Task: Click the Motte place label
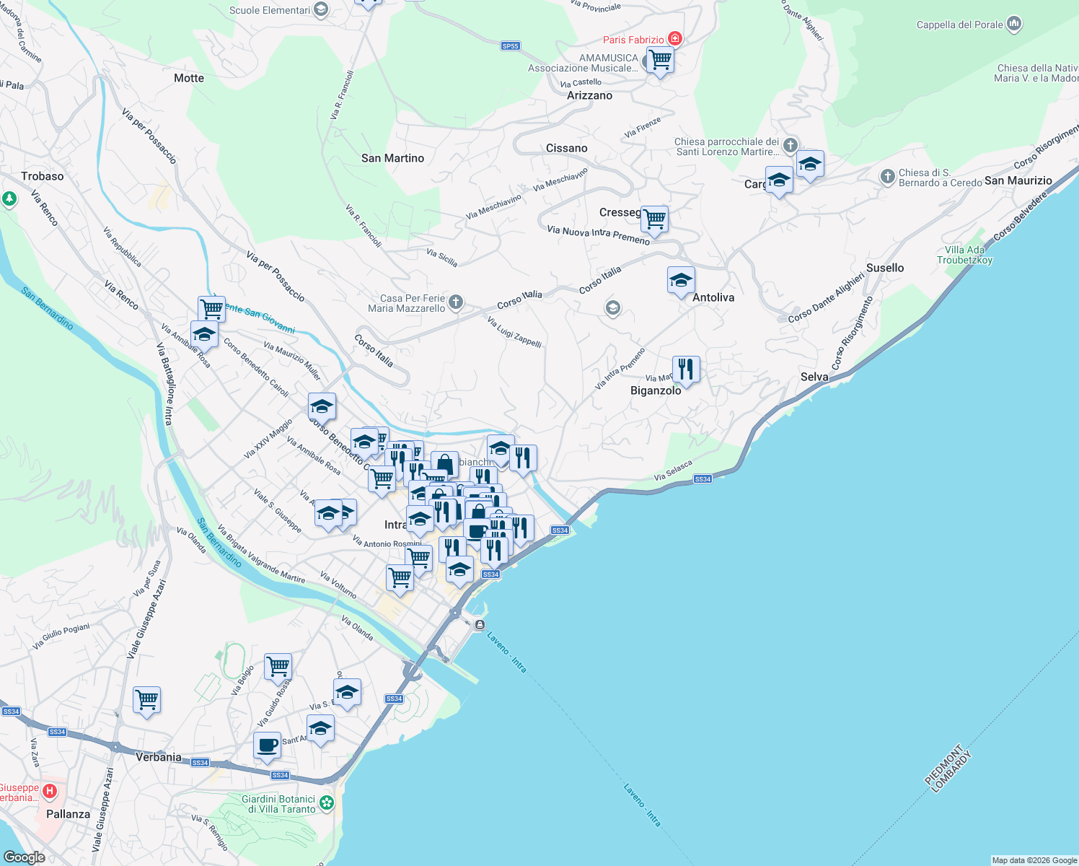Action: tap(189, 78)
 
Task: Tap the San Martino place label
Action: tap(392, 158)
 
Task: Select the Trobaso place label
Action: tap(43, 176)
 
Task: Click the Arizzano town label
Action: tap(589, 95)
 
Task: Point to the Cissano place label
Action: tap(566, 148)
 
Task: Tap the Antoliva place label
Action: tap(713, 297)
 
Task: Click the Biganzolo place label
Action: tap(656, 390)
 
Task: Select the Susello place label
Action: tap(885, 268)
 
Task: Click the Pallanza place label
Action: tap(69, 814)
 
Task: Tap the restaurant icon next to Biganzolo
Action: tap(686, 369)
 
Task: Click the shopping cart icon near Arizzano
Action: tap(660, 60)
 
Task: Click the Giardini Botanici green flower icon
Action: tap(327, 802)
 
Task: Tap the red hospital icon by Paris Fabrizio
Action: tap(674, 39)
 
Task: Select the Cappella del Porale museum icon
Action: tap(1014, 25)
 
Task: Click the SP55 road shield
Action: tap(510, 46)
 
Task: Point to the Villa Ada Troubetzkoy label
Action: tap(964, 255)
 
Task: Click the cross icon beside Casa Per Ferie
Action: tap(455, 302)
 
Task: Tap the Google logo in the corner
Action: tap(25, 857)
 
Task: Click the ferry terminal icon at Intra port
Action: tap(480, 625)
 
